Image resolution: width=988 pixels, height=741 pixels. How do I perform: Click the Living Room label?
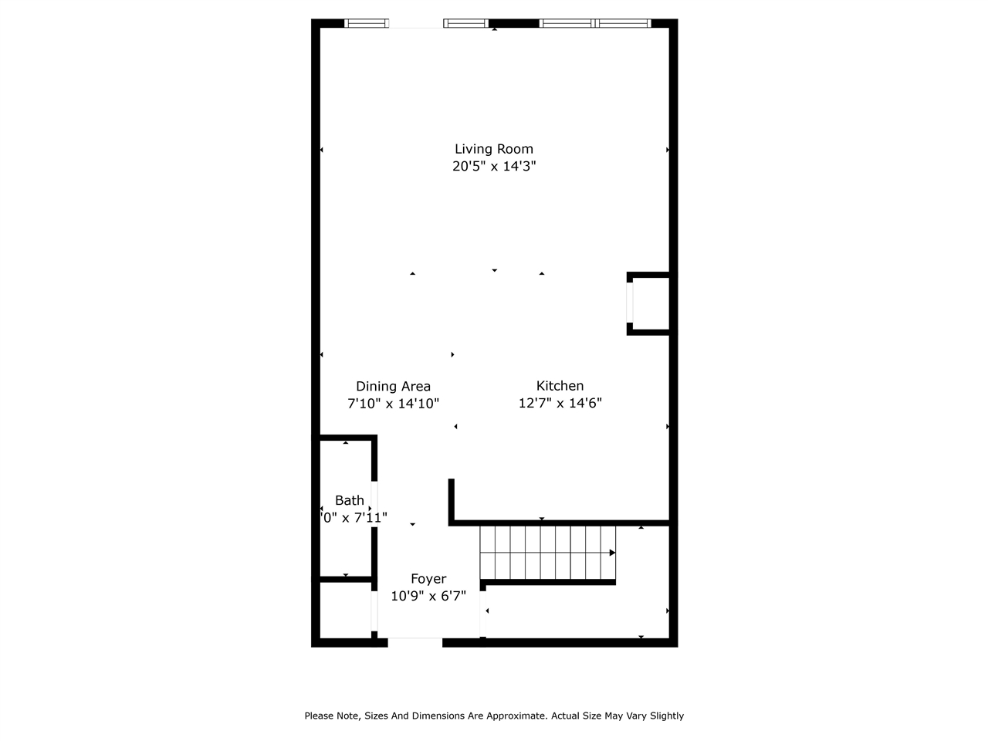(493, 149)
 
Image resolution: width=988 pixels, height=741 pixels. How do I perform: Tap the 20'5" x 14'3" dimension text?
(493, 166)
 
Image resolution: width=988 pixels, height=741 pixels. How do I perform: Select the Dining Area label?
(393, 386)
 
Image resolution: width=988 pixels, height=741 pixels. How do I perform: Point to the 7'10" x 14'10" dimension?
(393, 403)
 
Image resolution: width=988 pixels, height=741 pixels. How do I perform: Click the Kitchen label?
(560, 386)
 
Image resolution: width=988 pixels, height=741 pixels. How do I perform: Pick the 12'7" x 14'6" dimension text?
(560, 403)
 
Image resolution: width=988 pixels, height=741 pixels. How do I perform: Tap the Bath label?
(349, 500)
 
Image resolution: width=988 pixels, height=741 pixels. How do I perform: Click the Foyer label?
(428, 579)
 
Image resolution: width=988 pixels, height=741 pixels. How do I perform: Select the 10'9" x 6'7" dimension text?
(428, 596)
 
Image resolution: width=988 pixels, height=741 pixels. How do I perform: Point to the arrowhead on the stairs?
(612, 553)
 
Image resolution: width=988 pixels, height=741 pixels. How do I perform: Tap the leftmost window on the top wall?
(367, 23)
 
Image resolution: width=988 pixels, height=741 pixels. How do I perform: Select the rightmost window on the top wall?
(624, 23)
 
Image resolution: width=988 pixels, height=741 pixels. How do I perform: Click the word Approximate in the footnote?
(513, 716)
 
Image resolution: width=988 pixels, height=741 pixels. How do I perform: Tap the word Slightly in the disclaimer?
(665, 716)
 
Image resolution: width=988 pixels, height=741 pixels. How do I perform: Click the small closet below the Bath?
(345, 609)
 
